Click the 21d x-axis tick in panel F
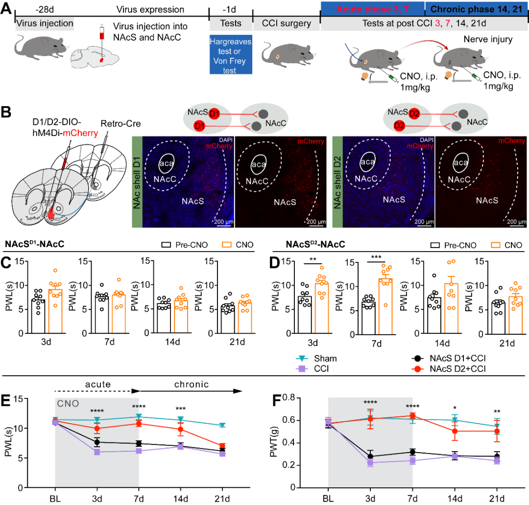(x=496, y=498)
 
